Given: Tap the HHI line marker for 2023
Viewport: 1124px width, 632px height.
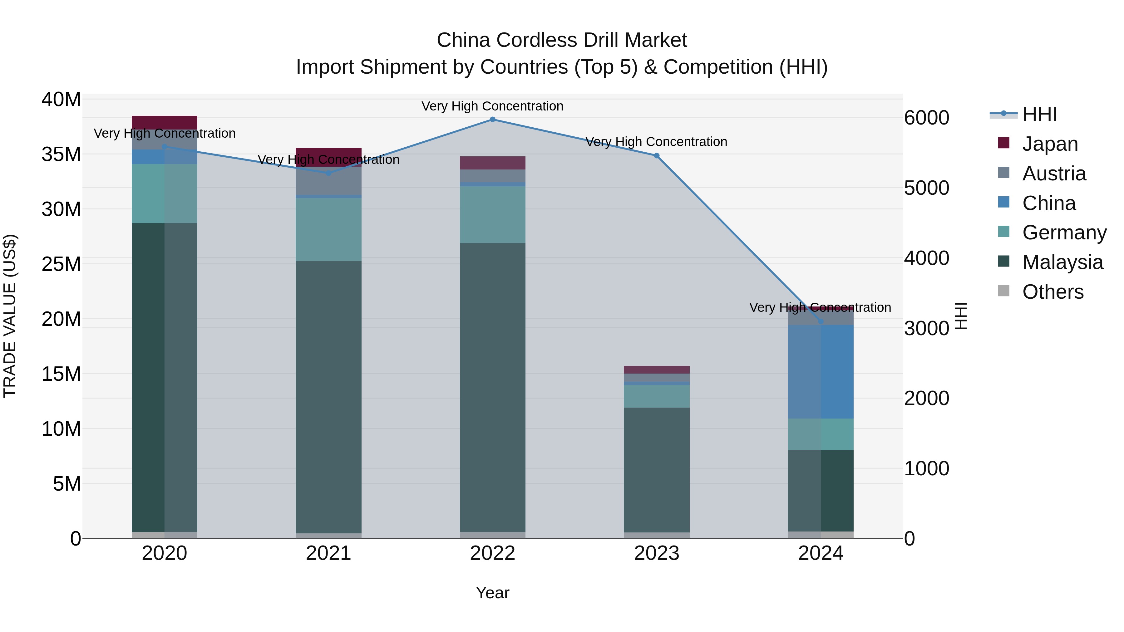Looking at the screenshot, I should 656,156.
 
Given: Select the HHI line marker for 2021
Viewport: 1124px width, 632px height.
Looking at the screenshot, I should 328,173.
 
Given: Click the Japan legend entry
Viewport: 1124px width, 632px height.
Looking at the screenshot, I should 1049,144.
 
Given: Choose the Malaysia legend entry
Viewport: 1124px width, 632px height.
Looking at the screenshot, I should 1062,262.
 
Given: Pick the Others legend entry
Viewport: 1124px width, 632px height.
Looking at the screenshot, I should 1053,292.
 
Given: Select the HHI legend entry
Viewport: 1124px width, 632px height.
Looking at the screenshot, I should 1039,114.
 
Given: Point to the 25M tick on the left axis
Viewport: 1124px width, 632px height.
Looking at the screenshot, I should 61,264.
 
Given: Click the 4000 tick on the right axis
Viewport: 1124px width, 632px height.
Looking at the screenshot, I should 926,258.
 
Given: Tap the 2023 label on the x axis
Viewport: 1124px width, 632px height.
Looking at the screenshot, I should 656,553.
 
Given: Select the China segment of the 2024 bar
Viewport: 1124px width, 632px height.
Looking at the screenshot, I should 820,372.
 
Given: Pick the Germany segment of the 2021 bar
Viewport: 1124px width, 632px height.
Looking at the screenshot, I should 328,230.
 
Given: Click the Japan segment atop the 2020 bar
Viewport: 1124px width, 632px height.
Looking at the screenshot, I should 165,122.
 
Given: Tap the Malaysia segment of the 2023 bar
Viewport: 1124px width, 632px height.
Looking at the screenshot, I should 656,470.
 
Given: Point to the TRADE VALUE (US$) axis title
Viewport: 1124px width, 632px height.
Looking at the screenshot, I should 10,316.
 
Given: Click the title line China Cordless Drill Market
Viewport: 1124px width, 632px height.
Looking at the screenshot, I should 562,40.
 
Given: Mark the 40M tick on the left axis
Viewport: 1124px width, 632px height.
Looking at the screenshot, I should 61,100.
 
